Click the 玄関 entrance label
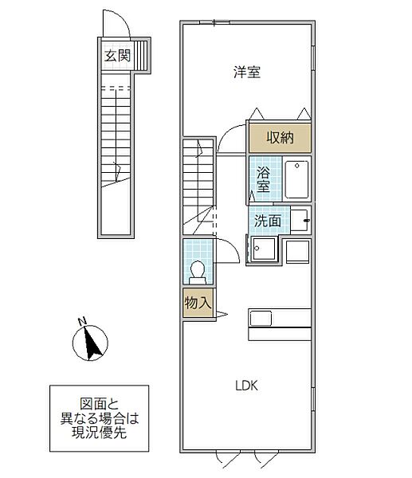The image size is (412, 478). click(x=117, y=56)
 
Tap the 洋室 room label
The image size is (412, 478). click(x=247, y=72)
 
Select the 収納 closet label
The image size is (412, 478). click(x=280, y=138)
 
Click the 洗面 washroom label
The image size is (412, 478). click(x=268, y=221)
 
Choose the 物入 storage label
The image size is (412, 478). click(x=198, y=303)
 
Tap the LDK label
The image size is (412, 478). click(x=247, y=386)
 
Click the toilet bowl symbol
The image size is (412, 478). click(x=198, y=272)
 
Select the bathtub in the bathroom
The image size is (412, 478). click(x=296, y=179)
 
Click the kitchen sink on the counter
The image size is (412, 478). click(x=261, y=319)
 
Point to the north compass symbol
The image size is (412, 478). click(x=90, y=343)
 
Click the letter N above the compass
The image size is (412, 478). click(x=82, y=321)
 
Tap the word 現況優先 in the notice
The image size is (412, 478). click(x=99, y=433)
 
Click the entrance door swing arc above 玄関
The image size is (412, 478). click(x=124, y=18)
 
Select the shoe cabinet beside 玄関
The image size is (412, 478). click(x=140, y=56)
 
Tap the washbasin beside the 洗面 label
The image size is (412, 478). click(x=300, y=220)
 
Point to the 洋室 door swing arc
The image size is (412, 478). click(x=227, y=133)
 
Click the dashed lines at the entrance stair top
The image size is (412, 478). click(x=116, y=88)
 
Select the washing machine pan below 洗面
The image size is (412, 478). click(x=264, y=249)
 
